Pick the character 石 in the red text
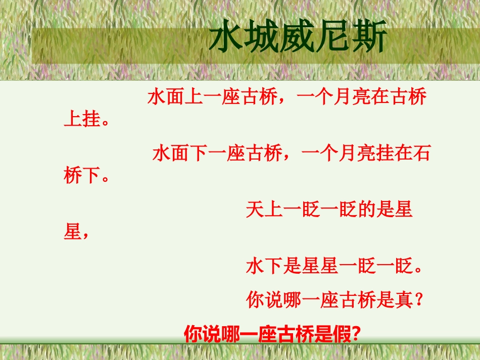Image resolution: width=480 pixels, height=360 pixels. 420,153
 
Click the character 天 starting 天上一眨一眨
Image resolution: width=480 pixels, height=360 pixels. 255,209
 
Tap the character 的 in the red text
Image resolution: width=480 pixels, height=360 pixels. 366,209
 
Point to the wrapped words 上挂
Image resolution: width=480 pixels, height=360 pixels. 82,121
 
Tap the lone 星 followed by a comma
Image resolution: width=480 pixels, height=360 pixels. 73,233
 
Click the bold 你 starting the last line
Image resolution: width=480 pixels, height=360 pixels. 193,334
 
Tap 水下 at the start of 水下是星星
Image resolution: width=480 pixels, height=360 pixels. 264,266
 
